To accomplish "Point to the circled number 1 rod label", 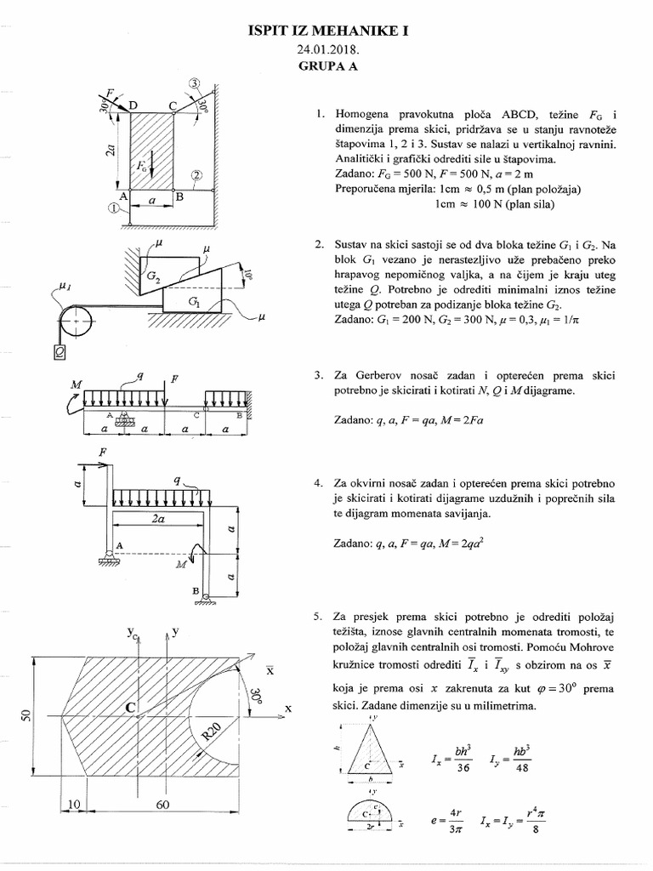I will (114, 207).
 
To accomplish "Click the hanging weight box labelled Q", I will (60, 350).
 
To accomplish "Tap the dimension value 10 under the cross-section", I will (75, 806).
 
